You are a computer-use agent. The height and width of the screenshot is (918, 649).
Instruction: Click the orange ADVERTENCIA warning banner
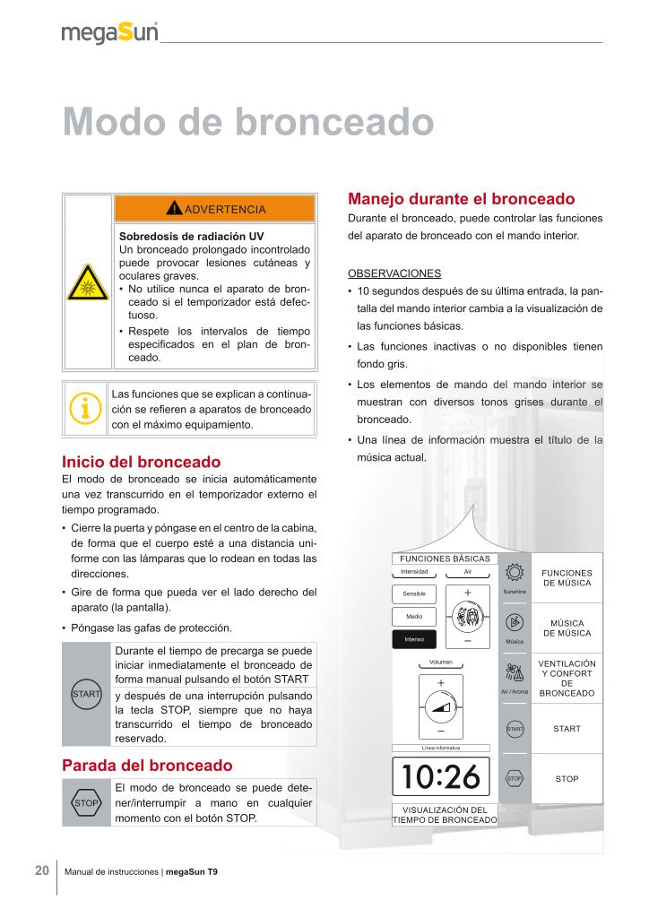tap(214, 209)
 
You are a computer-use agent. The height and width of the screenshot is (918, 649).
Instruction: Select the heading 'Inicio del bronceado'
tap(141, 462)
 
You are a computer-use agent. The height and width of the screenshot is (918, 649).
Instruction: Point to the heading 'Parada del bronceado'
tap(147, 765)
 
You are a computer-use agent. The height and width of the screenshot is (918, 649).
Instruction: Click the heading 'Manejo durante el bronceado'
tap(461, 198)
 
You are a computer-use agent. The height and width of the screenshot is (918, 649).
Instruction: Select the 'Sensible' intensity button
tap(414, 594)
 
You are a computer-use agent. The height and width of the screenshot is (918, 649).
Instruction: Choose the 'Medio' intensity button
tap(414, 617)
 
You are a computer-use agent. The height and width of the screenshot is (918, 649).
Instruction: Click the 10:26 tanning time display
tap(441, 777)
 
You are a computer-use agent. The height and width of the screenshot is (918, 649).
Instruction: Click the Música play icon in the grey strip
tap(515, 623)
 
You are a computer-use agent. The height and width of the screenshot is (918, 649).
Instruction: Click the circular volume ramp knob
tap(441, 707)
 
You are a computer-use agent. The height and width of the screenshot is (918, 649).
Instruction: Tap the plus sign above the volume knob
tap(441, 683)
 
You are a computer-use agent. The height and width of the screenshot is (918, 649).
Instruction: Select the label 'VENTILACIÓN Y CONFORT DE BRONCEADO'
tap(567, 679)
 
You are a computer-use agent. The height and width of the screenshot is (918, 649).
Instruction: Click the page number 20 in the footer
tap(41, 870)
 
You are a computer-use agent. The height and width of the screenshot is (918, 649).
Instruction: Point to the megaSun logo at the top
tap(109, 33)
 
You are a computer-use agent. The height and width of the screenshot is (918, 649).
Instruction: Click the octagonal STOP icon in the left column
tap(86, 802)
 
